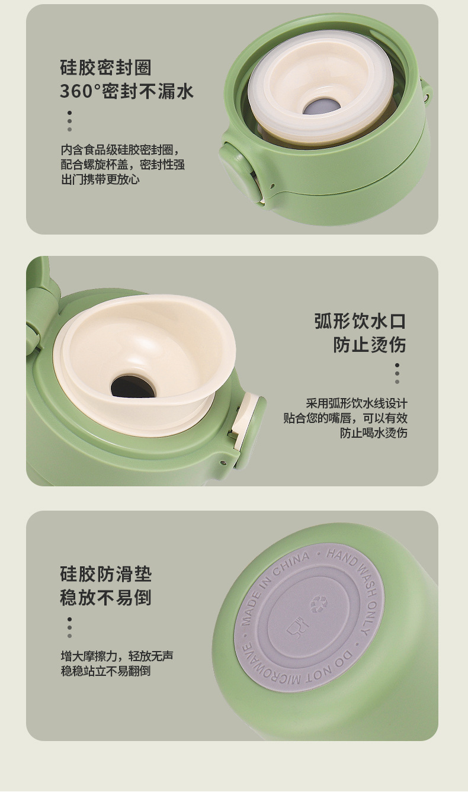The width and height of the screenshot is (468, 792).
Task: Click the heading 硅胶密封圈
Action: [105, 68]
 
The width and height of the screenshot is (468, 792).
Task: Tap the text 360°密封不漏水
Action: [127, 91]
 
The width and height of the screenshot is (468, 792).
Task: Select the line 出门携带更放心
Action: [100, 179]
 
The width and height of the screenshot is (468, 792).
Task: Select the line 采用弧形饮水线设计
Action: [357, 403]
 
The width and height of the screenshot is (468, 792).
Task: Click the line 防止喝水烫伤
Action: [373, 433]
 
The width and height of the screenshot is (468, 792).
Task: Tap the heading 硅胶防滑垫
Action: [106, 574]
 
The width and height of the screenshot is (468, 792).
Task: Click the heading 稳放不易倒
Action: [106, 597]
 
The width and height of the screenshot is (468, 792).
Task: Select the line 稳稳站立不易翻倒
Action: [106, 671]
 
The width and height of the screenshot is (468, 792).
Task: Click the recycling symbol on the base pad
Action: [319, 604]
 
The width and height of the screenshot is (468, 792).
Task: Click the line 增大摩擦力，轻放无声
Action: [117, 656]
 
